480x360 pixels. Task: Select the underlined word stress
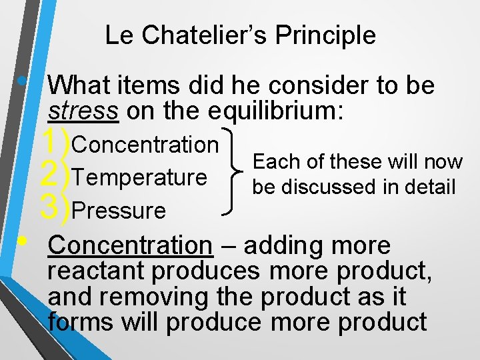83,111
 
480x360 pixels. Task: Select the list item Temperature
140,177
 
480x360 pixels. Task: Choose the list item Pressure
119,211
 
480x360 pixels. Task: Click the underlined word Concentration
130,245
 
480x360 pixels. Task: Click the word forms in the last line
81,322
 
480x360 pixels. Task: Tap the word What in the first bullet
80,85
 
